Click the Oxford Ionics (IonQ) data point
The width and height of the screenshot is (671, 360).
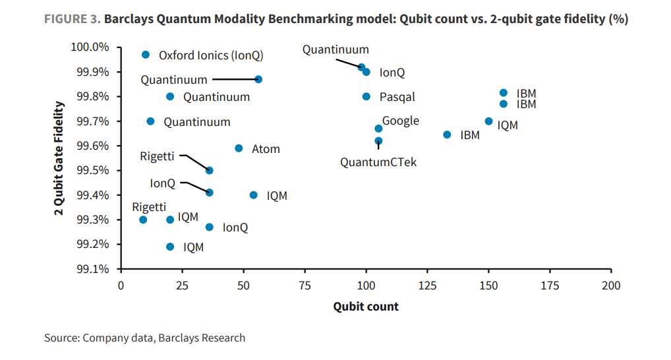[x=146, y=55]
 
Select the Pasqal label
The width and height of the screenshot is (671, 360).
[x=397, y=97]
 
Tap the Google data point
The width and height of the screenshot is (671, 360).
[x=378, y=129]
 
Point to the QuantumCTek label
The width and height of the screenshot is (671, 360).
[x=378, y=162]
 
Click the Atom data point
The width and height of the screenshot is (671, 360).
[x=239, y=148]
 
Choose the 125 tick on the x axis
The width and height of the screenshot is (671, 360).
[x=427, y=285]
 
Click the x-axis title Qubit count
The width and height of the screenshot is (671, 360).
[x=366, y=307]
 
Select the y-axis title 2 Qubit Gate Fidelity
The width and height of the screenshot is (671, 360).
[x=60, y=158]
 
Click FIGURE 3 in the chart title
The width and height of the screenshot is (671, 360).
[x=72, y=19]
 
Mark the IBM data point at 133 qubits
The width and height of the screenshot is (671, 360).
[x=447, y=135]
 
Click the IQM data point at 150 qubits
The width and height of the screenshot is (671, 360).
[x=488, y=121]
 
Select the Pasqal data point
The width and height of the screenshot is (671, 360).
[x=366, y=96]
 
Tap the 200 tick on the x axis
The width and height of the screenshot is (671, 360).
[x=611, y=285]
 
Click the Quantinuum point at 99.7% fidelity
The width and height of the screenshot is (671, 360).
[x=150, y=121]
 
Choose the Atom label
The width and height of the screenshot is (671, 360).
[x=266, y=149]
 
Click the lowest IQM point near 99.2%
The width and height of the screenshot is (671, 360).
[x=170, y=247]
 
